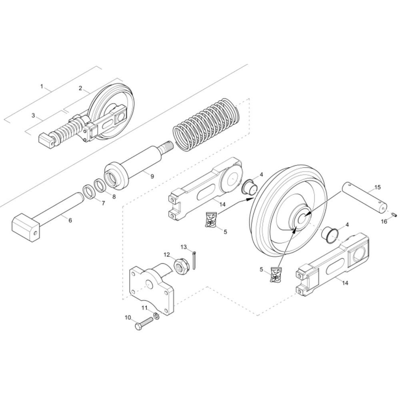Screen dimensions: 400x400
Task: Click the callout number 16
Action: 384,222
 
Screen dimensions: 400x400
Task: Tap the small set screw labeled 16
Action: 394,215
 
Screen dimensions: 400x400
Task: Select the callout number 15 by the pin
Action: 377,187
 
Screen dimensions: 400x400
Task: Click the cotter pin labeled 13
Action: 195,260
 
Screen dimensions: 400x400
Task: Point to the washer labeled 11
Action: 156,316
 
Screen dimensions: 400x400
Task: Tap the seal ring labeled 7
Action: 90,191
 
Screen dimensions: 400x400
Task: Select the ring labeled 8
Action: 100,186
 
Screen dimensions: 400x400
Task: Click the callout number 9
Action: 152,176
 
